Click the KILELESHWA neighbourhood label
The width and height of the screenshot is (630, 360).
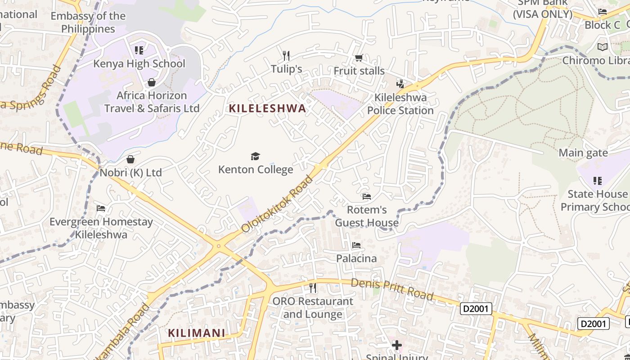tap(267, 108)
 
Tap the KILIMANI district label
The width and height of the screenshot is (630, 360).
tap(196, 333)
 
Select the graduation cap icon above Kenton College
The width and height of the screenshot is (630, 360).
tap(256, 156)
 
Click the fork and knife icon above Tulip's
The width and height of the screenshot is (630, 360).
tap(286, 56)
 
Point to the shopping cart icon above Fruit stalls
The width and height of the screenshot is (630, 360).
tap(359, 58)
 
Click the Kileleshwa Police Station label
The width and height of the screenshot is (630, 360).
tap(400, 104)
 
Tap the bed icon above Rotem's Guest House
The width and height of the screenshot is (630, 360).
tap(367, 197)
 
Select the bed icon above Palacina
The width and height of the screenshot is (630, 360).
tap(356, 245)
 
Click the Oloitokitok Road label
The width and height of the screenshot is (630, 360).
tap(277, 204)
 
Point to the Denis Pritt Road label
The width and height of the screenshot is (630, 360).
tap(391, 289)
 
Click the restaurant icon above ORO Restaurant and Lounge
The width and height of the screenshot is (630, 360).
tap(313, 288)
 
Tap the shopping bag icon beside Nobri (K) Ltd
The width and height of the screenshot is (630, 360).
tap(130, 159)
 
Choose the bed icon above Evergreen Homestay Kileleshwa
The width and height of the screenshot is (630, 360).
tap(101, 208)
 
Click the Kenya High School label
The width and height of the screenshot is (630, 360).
tap(139, 63)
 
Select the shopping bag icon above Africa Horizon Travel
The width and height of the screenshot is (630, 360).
tap(152, 82)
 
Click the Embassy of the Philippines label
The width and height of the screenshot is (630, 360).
tap(88, 22)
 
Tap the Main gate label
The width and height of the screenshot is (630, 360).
tap(583, 153)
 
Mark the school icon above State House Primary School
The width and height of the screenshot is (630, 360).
tap(598, 181)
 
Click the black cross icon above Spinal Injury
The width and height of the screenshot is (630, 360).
tap(396, 345)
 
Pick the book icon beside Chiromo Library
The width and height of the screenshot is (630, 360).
tap(602, 47)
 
